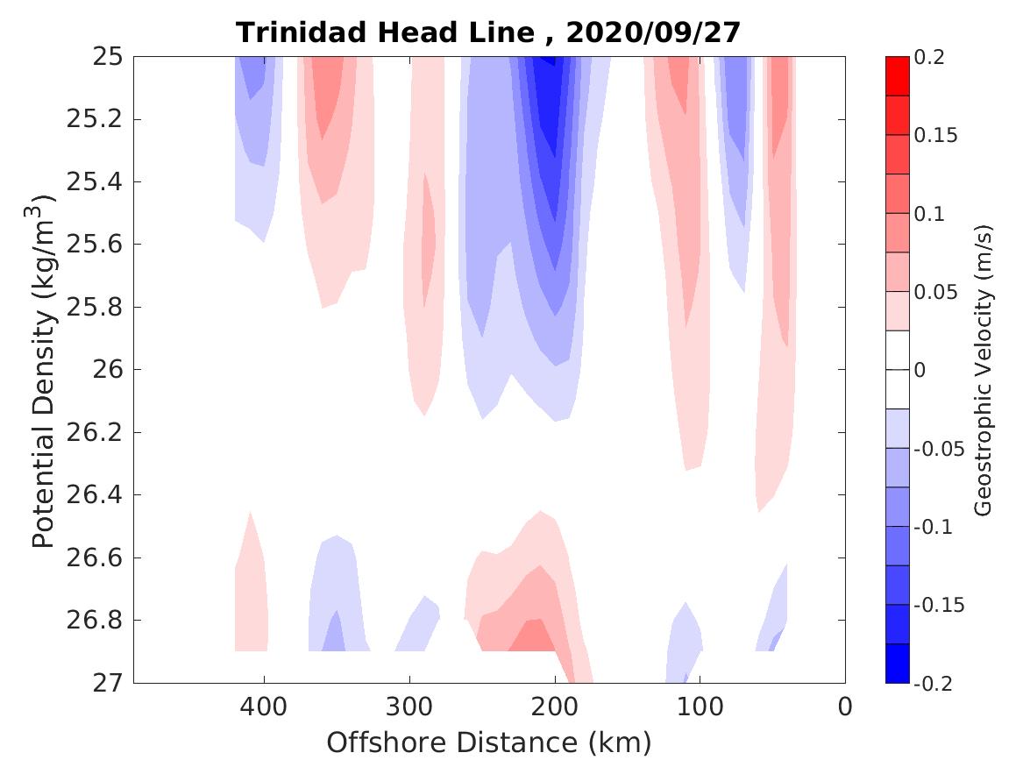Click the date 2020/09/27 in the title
(x=653, y=32)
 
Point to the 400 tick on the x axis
(x=264, y=706)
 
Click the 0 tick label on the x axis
(x=845, y=706)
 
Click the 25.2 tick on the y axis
(x=94, y=119)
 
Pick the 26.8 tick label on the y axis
(x=94, y=621)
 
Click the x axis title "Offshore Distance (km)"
(x=489, y=743)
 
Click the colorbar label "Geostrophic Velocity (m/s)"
(x=984, y=370)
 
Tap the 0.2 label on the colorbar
(x=930, y=58)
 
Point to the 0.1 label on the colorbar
(x=930, y=214)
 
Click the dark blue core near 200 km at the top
(x=548, y=96)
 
